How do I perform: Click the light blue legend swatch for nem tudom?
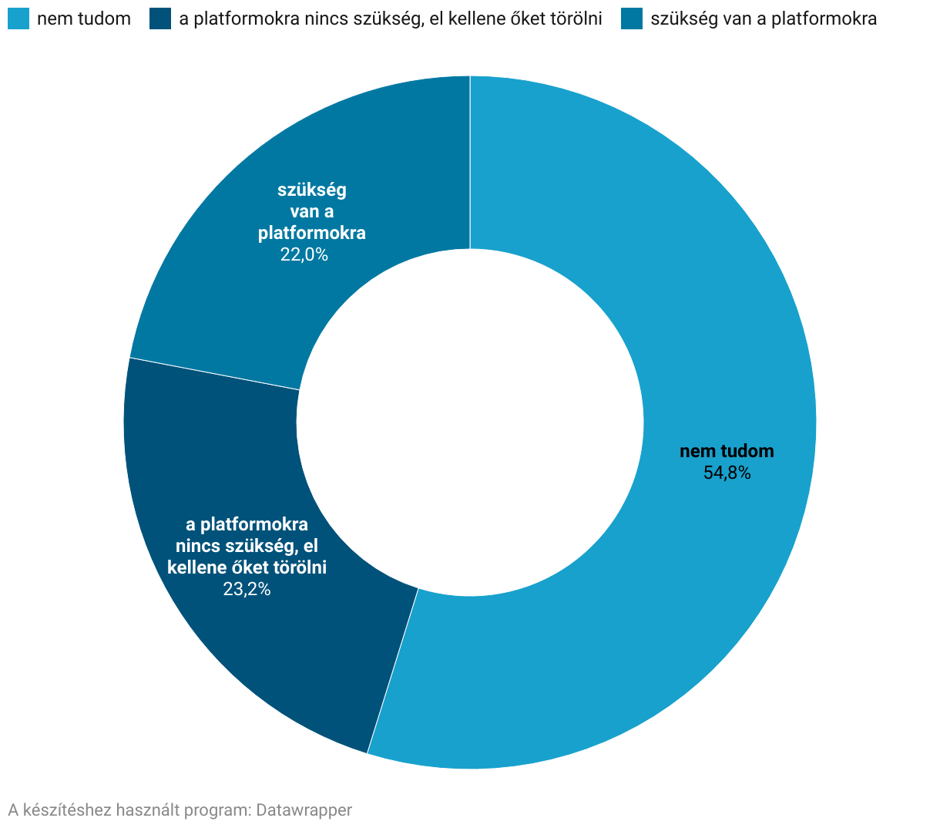pos(18,19)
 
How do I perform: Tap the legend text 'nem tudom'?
pos(84,19)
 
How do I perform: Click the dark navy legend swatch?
pos(160,19)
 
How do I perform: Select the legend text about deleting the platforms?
pos(390,19)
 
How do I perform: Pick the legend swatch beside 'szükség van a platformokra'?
pos(632,19)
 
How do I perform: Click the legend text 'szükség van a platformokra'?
pos(764,19)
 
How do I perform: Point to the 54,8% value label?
pos(727,473)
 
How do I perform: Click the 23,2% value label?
pos(247,590)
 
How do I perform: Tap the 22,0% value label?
pos(304,255)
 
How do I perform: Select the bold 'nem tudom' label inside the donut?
pos(727,452)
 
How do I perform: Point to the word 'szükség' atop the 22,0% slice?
pos(312,190)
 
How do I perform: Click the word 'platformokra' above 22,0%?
pos(312,233)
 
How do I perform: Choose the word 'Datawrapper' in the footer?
pos(304,810)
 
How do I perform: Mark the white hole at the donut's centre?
pos(470,422)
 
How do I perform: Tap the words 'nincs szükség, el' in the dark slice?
pos(247,547)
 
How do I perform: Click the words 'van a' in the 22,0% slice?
pos(312,211)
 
